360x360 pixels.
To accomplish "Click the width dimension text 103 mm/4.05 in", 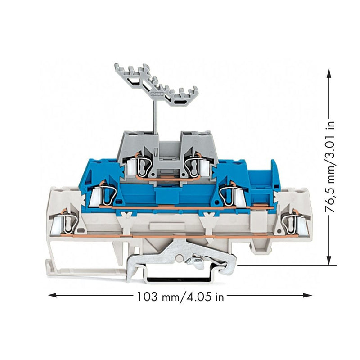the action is [x=180, y=297].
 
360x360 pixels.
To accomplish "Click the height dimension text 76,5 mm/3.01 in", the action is [x=330, y=168].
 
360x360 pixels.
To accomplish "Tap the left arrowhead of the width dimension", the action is [x=53, y=295].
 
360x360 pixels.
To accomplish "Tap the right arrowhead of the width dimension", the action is [x=307, y=295].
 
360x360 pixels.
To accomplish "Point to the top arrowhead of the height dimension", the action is [x=329, y=74].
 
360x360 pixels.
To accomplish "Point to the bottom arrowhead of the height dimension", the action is [x=329, y=261].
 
